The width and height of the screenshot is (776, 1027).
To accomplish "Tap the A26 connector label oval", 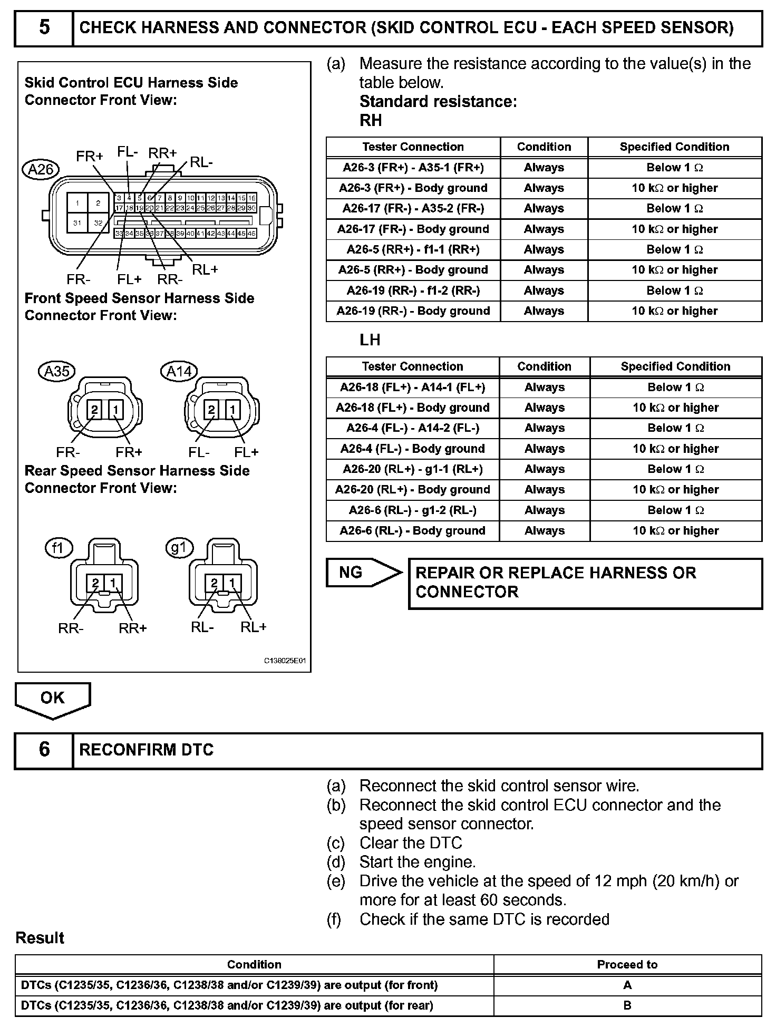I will click(41, 169).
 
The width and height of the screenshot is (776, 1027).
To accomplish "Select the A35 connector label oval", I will click(57, 371).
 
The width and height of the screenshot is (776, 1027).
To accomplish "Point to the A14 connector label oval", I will click(179, 371).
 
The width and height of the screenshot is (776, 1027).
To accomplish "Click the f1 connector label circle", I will click(57, 549).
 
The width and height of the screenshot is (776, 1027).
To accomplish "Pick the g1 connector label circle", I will click(179, 548).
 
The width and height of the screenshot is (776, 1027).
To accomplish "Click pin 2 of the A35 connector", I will click(95, 410).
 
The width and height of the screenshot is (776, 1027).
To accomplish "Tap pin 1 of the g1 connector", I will click(232, 583).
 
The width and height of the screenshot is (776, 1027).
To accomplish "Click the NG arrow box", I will click(363, 572).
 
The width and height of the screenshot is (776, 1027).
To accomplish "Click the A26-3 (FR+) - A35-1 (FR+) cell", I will click(413, 168).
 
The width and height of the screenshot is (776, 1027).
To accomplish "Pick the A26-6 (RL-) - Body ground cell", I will click(413, 530).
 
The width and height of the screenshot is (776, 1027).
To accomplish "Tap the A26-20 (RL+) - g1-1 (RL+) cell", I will click(413, 469).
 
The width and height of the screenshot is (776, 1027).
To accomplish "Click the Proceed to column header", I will click(627, 964).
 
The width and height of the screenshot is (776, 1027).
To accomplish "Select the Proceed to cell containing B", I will click(627, 1005).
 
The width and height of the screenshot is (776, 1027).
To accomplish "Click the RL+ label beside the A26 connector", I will click(205, 270).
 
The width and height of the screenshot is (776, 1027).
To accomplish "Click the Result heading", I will click(40, 938).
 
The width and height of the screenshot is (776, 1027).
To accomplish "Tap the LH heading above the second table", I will click(370, 340).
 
